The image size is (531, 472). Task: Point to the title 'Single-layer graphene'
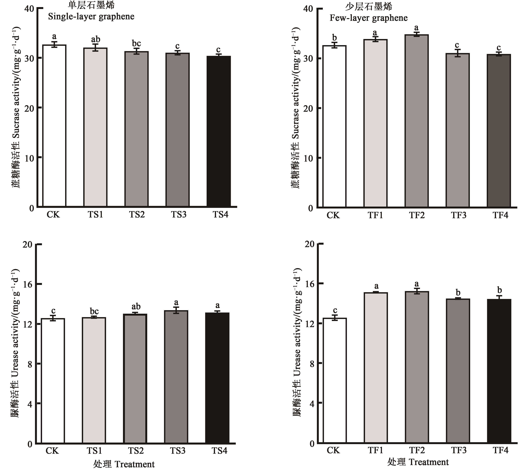[91, 17]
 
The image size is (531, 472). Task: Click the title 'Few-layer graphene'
[368, 18]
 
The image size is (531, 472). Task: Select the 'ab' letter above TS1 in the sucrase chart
[95, 39]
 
